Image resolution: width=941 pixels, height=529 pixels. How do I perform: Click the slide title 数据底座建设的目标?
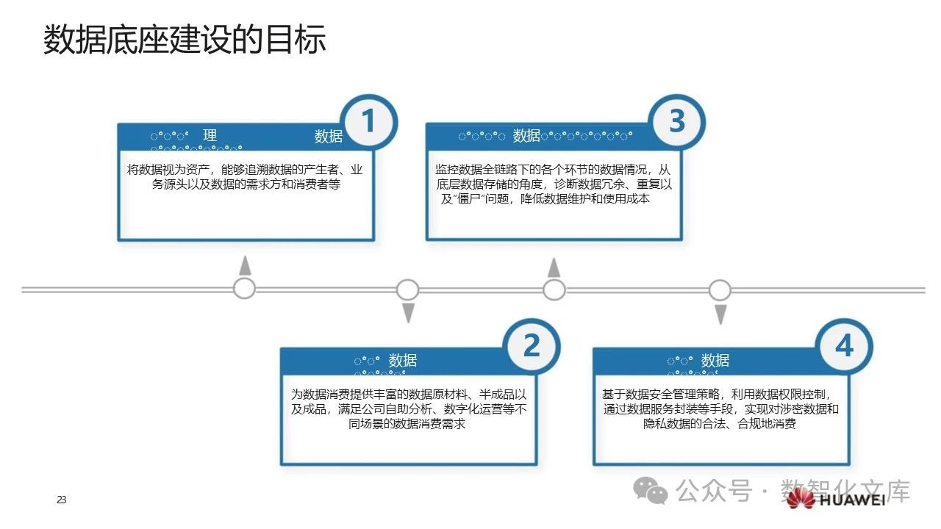point(184,40)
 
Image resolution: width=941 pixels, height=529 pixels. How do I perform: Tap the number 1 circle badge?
point(368,122)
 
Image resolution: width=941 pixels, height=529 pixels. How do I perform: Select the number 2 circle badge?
point(531,347)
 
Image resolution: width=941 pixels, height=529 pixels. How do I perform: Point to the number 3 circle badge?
point(676,122)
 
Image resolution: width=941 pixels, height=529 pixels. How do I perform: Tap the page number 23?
point(62,500)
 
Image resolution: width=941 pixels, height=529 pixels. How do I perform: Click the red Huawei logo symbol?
point(800,500)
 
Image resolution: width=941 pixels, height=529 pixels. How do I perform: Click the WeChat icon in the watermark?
point(651,489)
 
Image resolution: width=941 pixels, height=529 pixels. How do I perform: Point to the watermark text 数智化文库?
point(845,490)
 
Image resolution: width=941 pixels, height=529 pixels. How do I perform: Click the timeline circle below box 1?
point(244,289)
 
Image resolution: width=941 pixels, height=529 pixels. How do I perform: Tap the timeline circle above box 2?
point(407,289)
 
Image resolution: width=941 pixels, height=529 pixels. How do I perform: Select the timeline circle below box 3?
point(554,289)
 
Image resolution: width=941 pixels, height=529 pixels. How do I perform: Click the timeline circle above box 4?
point(720,289)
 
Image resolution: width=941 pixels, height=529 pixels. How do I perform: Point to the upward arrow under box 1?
point(245,266)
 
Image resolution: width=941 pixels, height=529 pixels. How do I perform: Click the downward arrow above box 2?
point(408,313)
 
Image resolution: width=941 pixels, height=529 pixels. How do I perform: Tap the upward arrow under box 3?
point(554,267)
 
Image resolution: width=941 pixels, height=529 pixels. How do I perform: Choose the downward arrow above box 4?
point(720,314)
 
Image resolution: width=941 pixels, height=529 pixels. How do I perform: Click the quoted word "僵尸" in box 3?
point(465,199)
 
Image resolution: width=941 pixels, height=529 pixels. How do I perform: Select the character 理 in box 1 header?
point(210,135)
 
